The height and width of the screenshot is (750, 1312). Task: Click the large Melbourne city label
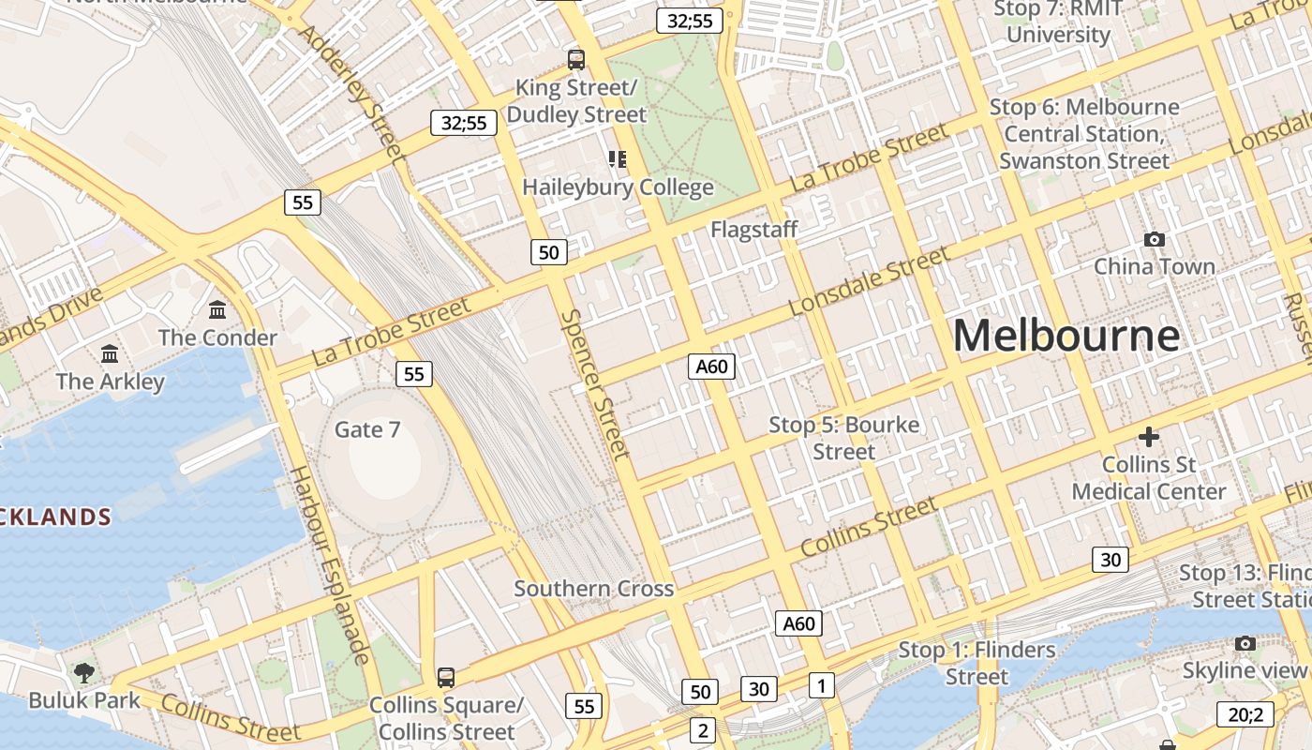tap(1066, 336)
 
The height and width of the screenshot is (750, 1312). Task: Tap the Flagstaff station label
tap(754, 230)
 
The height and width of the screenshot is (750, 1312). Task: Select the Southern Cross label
tap(593, 589)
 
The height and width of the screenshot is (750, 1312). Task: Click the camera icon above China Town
tap(1155, 240)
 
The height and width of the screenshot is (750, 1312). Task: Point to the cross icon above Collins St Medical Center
tap(1148, 437)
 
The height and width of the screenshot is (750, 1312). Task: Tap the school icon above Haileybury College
tap(617, 159)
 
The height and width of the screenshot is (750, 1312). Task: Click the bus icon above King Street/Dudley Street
tap(576, 60)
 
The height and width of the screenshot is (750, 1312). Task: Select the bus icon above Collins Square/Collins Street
tap(446, 677)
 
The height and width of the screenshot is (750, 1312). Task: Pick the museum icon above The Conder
tap(218, 309)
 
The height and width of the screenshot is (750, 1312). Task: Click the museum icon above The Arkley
tap(110, 353)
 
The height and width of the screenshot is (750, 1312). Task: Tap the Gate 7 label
tap(367, 429)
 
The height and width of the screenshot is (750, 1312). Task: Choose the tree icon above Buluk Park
tap(84, 671)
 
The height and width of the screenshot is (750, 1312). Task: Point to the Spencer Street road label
tap(595, 384)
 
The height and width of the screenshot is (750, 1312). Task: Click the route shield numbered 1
tap(821, 685)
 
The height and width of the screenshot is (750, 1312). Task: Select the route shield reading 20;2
tap(1245, 714)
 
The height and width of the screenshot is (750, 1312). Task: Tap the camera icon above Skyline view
tap(1245, 643)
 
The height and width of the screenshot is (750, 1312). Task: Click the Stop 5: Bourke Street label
tap(843, 438)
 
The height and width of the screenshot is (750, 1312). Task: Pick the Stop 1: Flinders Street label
tap(977, 663)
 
